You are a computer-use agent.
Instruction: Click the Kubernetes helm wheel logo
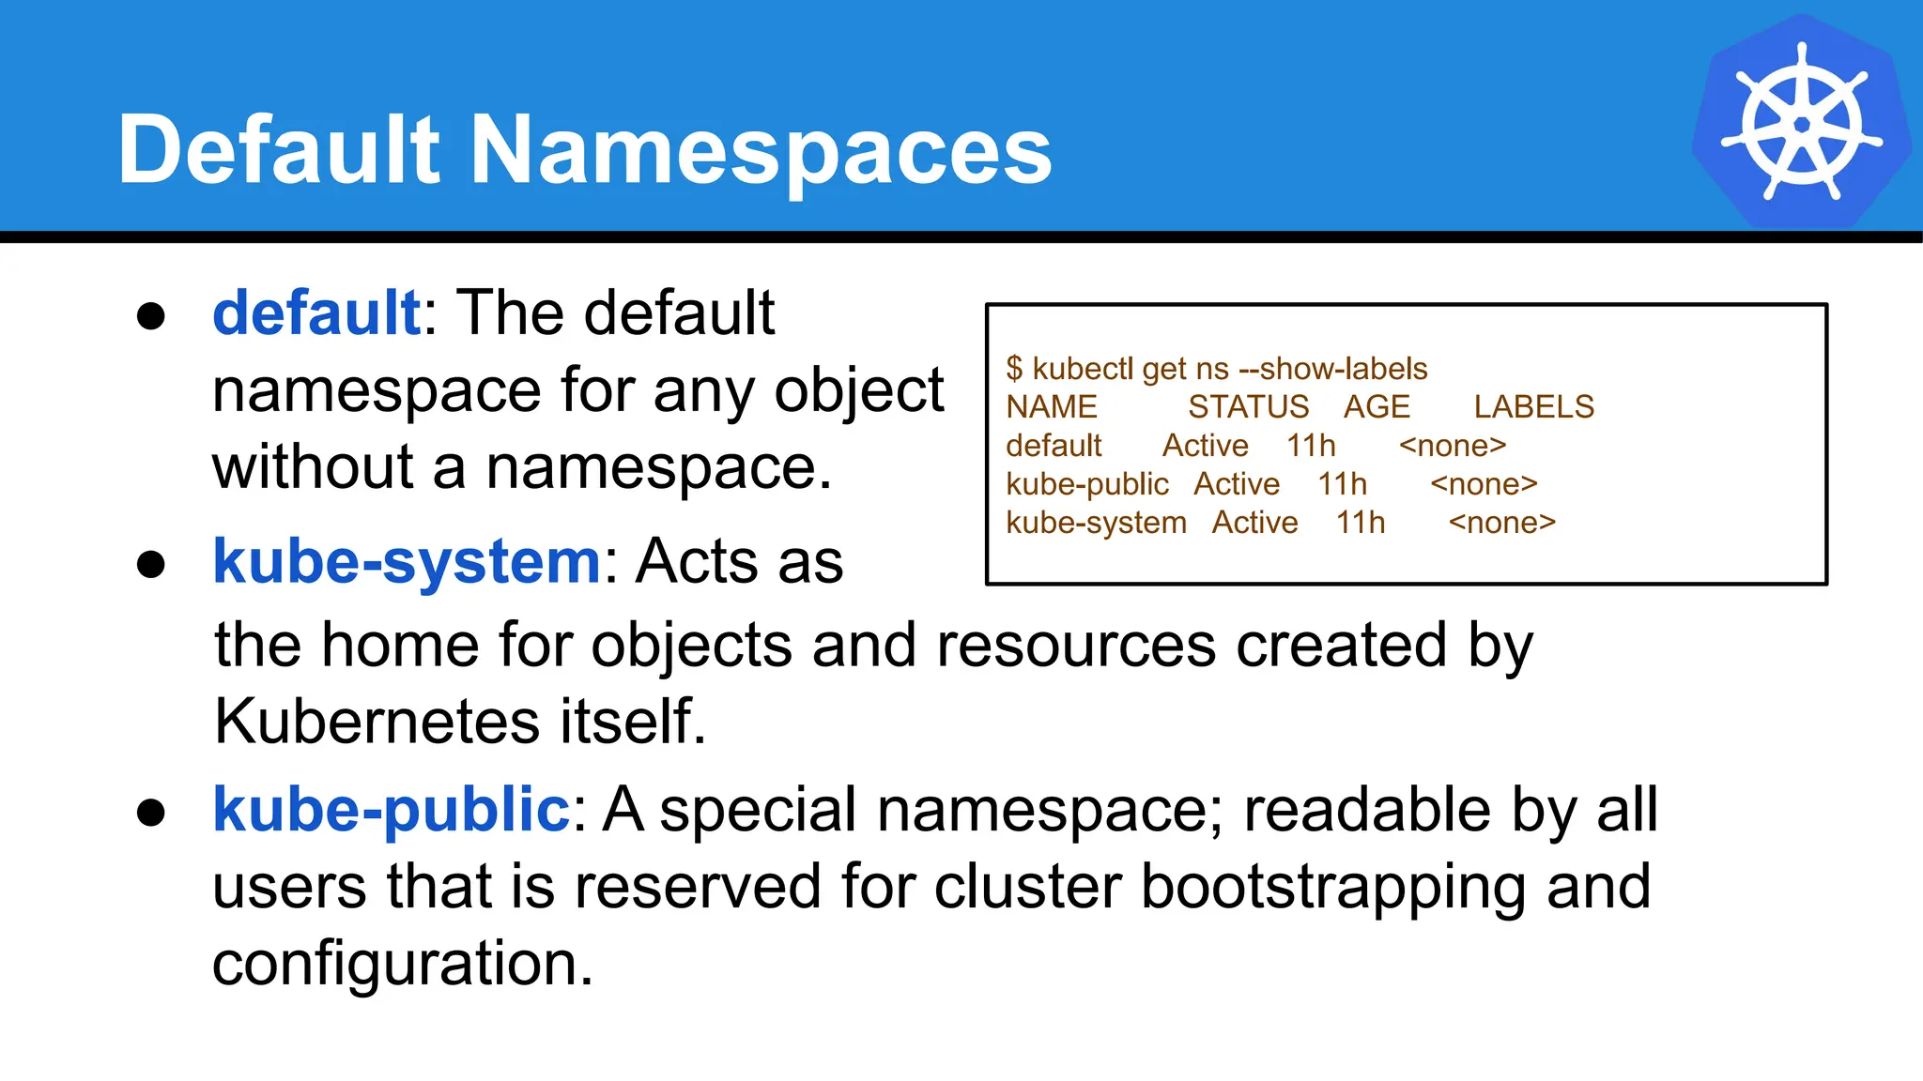pos(1801,123)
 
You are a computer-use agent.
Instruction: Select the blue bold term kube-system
pos(407,561)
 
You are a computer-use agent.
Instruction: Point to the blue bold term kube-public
pos(391,809)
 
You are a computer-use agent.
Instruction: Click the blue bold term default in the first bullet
pos(316,312)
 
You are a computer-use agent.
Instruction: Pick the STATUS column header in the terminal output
pos(1248,407)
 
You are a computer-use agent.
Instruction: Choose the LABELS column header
pos(1533,407)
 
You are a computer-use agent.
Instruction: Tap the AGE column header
pos(1377,407)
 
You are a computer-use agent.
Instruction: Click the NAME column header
pos(1052,407)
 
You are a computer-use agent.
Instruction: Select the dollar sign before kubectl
pos(1014,369)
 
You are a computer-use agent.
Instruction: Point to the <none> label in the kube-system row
pos(1501,523)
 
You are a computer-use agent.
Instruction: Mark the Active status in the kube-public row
pos(1237,484)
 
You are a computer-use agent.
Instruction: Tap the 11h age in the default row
pos(1311,446)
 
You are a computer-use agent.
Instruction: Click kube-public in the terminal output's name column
pos(1087,484)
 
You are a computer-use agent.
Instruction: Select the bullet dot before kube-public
pos(151,813)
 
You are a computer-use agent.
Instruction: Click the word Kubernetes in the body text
pos(376,722)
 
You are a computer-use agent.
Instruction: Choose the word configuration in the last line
pos(402,964)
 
